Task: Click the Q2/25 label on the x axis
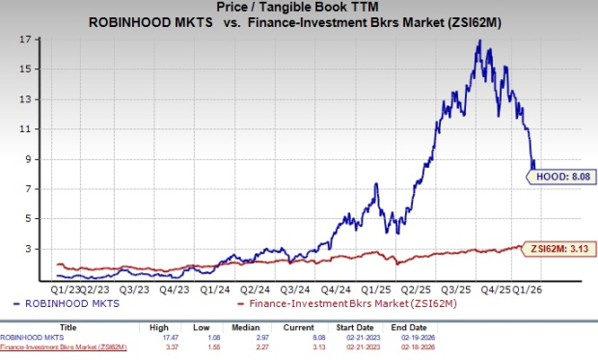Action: click(416, 288)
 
